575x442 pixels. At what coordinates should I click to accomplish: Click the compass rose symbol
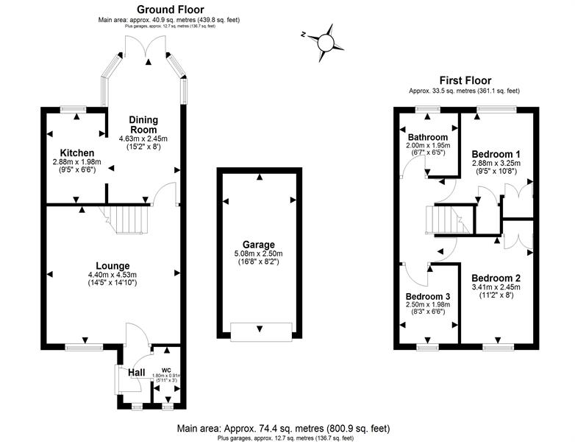(324, 43)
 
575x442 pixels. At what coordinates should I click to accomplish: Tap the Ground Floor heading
(170, 9)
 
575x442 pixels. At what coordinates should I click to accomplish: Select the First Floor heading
(465, 80)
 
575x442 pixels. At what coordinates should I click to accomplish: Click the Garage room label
(259, 245)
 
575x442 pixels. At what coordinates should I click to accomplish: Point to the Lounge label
(113, 266)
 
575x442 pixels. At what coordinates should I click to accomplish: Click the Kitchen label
(77, 152)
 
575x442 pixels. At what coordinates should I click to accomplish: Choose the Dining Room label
(143, 125)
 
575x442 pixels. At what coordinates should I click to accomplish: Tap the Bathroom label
(428, 138)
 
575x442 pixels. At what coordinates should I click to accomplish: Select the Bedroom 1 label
(496, 154)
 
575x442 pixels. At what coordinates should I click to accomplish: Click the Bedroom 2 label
(496, 278)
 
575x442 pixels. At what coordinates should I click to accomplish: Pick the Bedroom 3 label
(428, 296)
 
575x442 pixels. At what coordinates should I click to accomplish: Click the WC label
(167, 370)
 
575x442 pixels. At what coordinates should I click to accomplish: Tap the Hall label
(137, 373)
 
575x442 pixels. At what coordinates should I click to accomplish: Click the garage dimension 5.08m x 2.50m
(259, 254)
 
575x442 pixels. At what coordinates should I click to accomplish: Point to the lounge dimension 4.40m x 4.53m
(113, 275)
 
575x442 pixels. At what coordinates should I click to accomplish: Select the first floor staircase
(447, 220)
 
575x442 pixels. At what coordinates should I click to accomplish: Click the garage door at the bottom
(261, 331)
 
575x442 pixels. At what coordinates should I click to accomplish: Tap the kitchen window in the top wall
(74, 109)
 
